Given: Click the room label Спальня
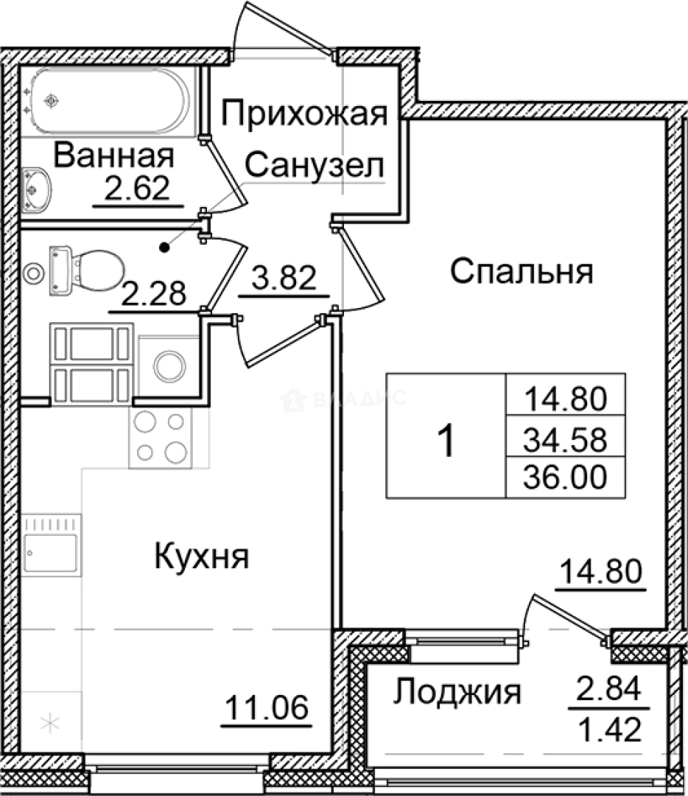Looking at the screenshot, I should (x=522, y=271).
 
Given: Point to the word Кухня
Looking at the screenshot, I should (x=202, y=556).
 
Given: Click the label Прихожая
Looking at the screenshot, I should (x=304, y=115).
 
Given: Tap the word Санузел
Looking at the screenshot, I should (x=315, y=165).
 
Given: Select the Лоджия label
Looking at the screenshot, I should (x=457, y=693).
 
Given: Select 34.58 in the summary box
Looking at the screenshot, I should (x=565, y=441).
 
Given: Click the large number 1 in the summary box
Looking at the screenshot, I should (x=446, y=441).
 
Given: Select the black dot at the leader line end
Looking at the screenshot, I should (x=166, y=247).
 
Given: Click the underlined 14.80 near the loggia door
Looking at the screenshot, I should (x=601, y=573).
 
